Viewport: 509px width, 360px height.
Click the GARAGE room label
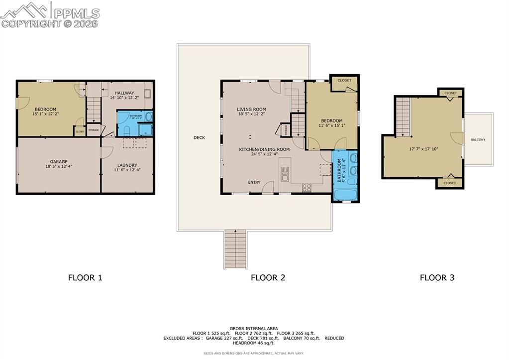[x=58, y=162]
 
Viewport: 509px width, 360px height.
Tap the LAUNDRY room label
[x=127, y=165]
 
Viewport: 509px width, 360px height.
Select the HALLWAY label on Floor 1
[x=124, y=93]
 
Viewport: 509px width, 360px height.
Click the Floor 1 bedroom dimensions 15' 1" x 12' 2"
[x=45, y=114]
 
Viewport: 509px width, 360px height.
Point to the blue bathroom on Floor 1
[x=135, y=123]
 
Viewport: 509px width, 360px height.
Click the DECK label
[x=199, y=137]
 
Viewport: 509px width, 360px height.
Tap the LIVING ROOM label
[x=251, y=109]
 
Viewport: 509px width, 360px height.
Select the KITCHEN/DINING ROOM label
[x=264, y=149]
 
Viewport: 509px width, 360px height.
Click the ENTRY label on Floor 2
[x=254, y=182]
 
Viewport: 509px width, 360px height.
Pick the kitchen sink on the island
[x=285, y=174]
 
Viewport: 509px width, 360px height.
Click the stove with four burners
[x=307, y=188]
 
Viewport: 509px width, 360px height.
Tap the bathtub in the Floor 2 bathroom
[x=344, y=194]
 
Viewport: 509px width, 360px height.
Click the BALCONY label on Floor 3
[x=478, y=139]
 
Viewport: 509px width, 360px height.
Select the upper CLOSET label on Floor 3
[x=450, y=93]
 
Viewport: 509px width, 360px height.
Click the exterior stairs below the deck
[x=235, y=249]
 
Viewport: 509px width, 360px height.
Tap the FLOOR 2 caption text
[x=268, y=278]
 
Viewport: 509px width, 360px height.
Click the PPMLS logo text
[x=76, y=12]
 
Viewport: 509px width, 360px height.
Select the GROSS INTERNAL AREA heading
[x=254, y=329]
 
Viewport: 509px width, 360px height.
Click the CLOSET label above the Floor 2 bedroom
[x=344, y=80]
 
